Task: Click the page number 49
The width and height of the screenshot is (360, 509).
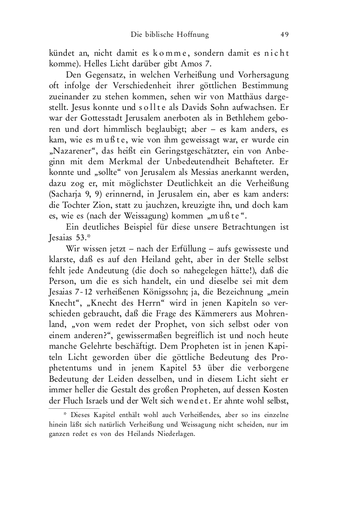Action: (285, 34)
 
